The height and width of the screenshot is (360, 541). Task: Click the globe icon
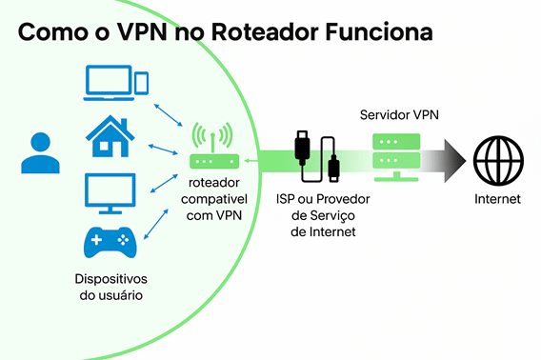point(498,158)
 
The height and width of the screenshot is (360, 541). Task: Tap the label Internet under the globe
point(498,200)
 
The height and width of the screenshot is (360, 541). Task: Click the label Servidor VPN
point(399,114)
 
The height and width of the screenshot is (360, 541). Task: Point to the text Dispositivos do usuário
point(112,287)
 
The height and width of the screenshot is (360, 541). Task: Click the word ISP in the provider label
point(287,200)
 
